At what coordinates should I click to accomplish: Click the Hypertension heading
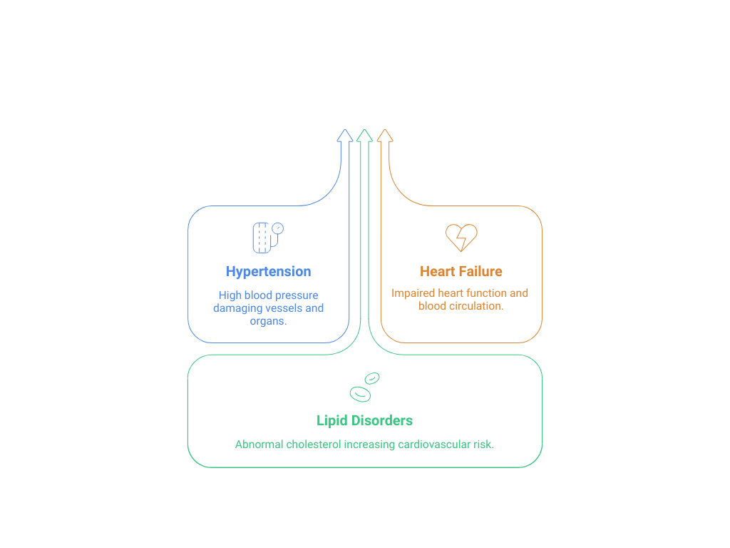(x=268, y=272)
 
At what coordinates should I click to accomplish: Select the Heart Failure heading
(x=461, y=271)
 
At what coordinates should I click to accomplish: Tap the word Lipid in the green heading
(x=332, y=421)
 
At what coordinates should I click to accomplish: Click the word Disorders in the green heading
(x=382, y=420)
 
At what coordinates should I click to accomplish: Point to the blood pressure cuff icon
(x=268, y=238)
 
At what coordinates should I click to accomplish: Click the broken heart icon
(x=461, y=238)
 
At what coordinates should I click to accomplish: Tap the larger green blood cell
(x=360, y=394)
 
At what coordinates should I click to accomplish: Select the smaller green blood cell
(x=372, y=378)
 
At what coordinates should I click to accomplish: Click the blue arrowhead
(x=345, y=135)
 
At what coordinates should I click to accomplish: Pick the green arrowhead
(x=364, y=135)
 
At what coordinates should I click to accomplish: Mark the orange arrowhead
(x=385, y=135)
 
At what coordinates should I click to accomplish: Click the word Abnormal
(x=259, y=444)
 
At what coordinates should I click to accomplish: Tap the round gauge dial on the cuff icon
(x=278, y=228)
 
